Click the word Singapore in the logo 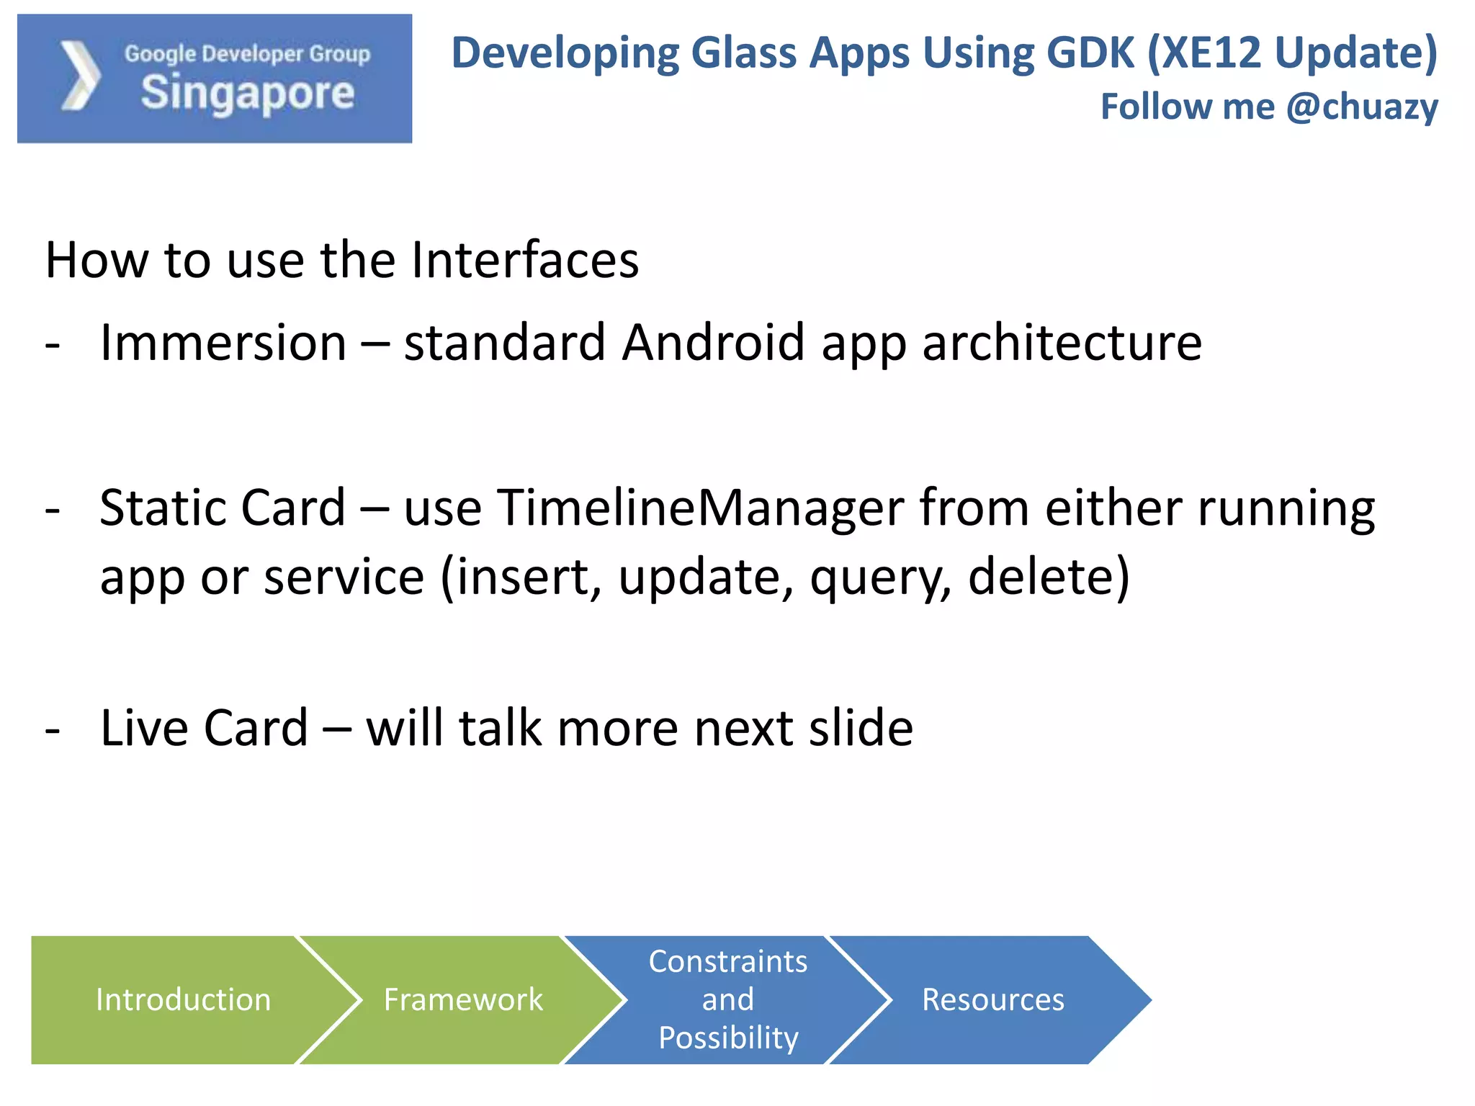[247, 94]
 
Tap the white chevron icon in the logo [79, 76]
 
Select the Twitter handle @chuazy [1362, 107]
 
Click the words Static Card [223, 508]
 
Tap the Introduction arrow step [183, 999]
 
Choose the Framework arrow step [462, 999]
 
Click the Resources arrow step [992, 999]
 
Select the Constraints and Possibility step [727, 999]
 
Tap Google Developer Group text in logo [247, 54]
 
